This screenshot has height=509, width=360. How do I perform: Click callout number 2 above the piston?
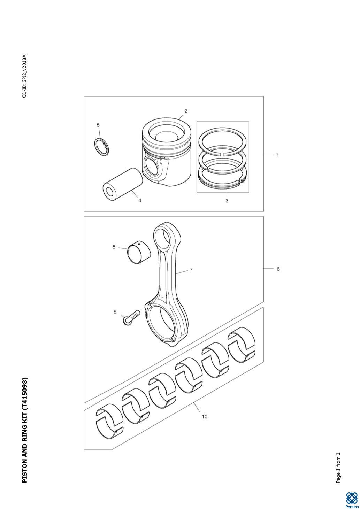[186, 111]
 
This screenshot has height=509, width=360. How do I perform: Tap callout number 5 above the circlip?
[98, 125]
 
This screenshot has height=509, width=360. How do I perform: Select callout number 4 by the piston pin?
[140, 200]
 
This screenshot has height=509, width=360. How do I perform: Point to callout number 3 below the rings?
[227, 201]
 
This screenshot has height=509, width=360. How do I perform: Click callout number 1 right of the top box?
[278, 155]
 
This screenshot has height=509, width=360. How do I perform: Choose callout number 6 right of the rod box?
[278, 269]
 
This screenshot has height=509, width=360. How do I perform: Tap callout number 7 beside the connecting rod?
[191, 270]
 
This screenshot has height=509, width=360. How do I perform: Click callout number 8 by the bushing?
[114, 247]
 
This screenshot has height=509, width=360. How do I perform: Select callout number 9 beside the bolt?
[115, 312]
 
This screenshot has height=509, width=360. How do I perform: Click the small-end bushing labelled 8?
[139, 253]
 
